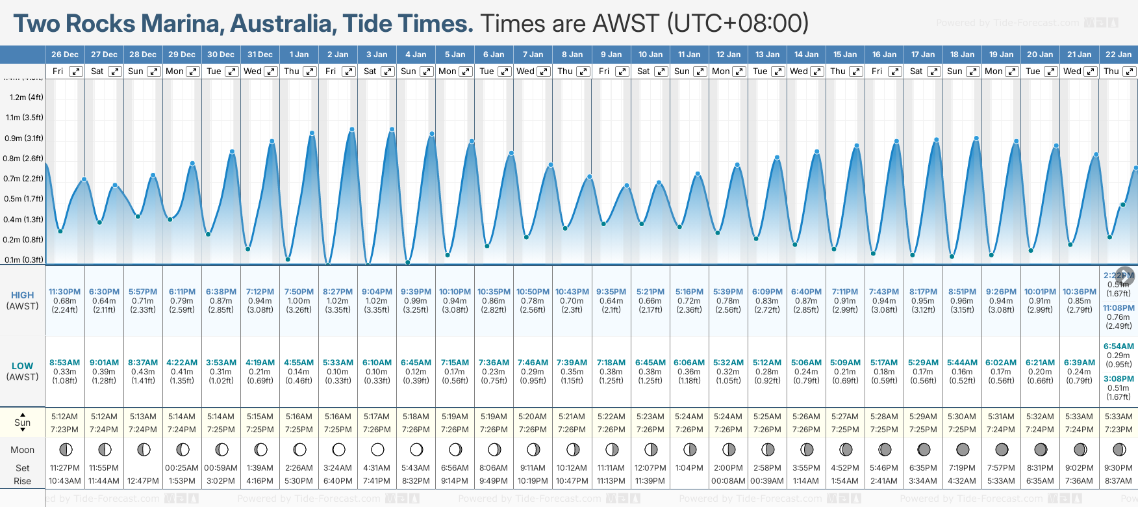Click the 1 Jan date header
tap(299, 55)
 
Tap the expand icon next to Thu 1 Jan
tap(310, 71)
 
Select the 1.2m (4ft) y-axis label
tap(26, 97)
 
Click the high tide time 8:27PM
tap(338, 292)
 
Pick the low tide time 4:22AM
tap(182, 363)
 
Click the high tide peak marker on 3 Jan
tap(392, 130)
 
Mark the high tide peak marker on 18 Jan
tap(976, 138)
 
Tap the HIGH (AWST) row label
tap(22, 300)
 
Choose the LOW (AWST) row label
tap(22, 371)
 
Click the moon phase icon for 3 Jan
tap(377, 450)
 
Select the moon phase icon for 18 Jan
tap(963, 450)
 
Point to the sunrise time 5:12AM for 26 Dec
tap(64, 417)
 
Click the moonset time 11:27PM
tap(64, 468)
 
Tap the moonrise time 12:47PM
tap(143, 481)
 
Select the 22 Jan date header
tap(1119, 55)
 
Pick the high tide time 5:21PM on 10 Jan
tap(650, 292)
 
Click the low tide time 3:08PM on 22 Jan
tap(1119, 379)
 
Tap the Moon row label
tap(22, 450)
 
